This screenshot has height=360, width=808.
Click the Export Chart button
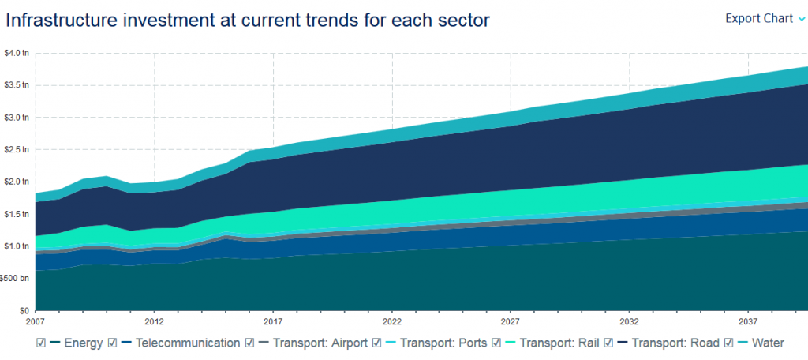click(x=758, y=18)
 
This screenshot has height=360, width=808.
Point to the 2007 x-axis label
click(x=36, y=323)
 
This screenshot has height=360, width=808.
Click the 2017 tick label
click(x=273, y=323)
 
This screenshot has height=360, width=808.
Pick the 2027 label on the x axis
click(x=511, y=323)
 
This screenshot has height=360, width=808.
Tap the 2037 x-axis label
click(x=748, y=323)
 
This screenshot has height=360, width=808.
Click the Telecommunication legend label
click(x=187, y=343)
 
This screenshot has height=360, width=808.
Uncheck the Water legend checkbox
click(x=730, y=343)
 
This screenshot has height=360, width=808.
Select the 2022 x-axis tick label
click(x=392, y=323)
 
